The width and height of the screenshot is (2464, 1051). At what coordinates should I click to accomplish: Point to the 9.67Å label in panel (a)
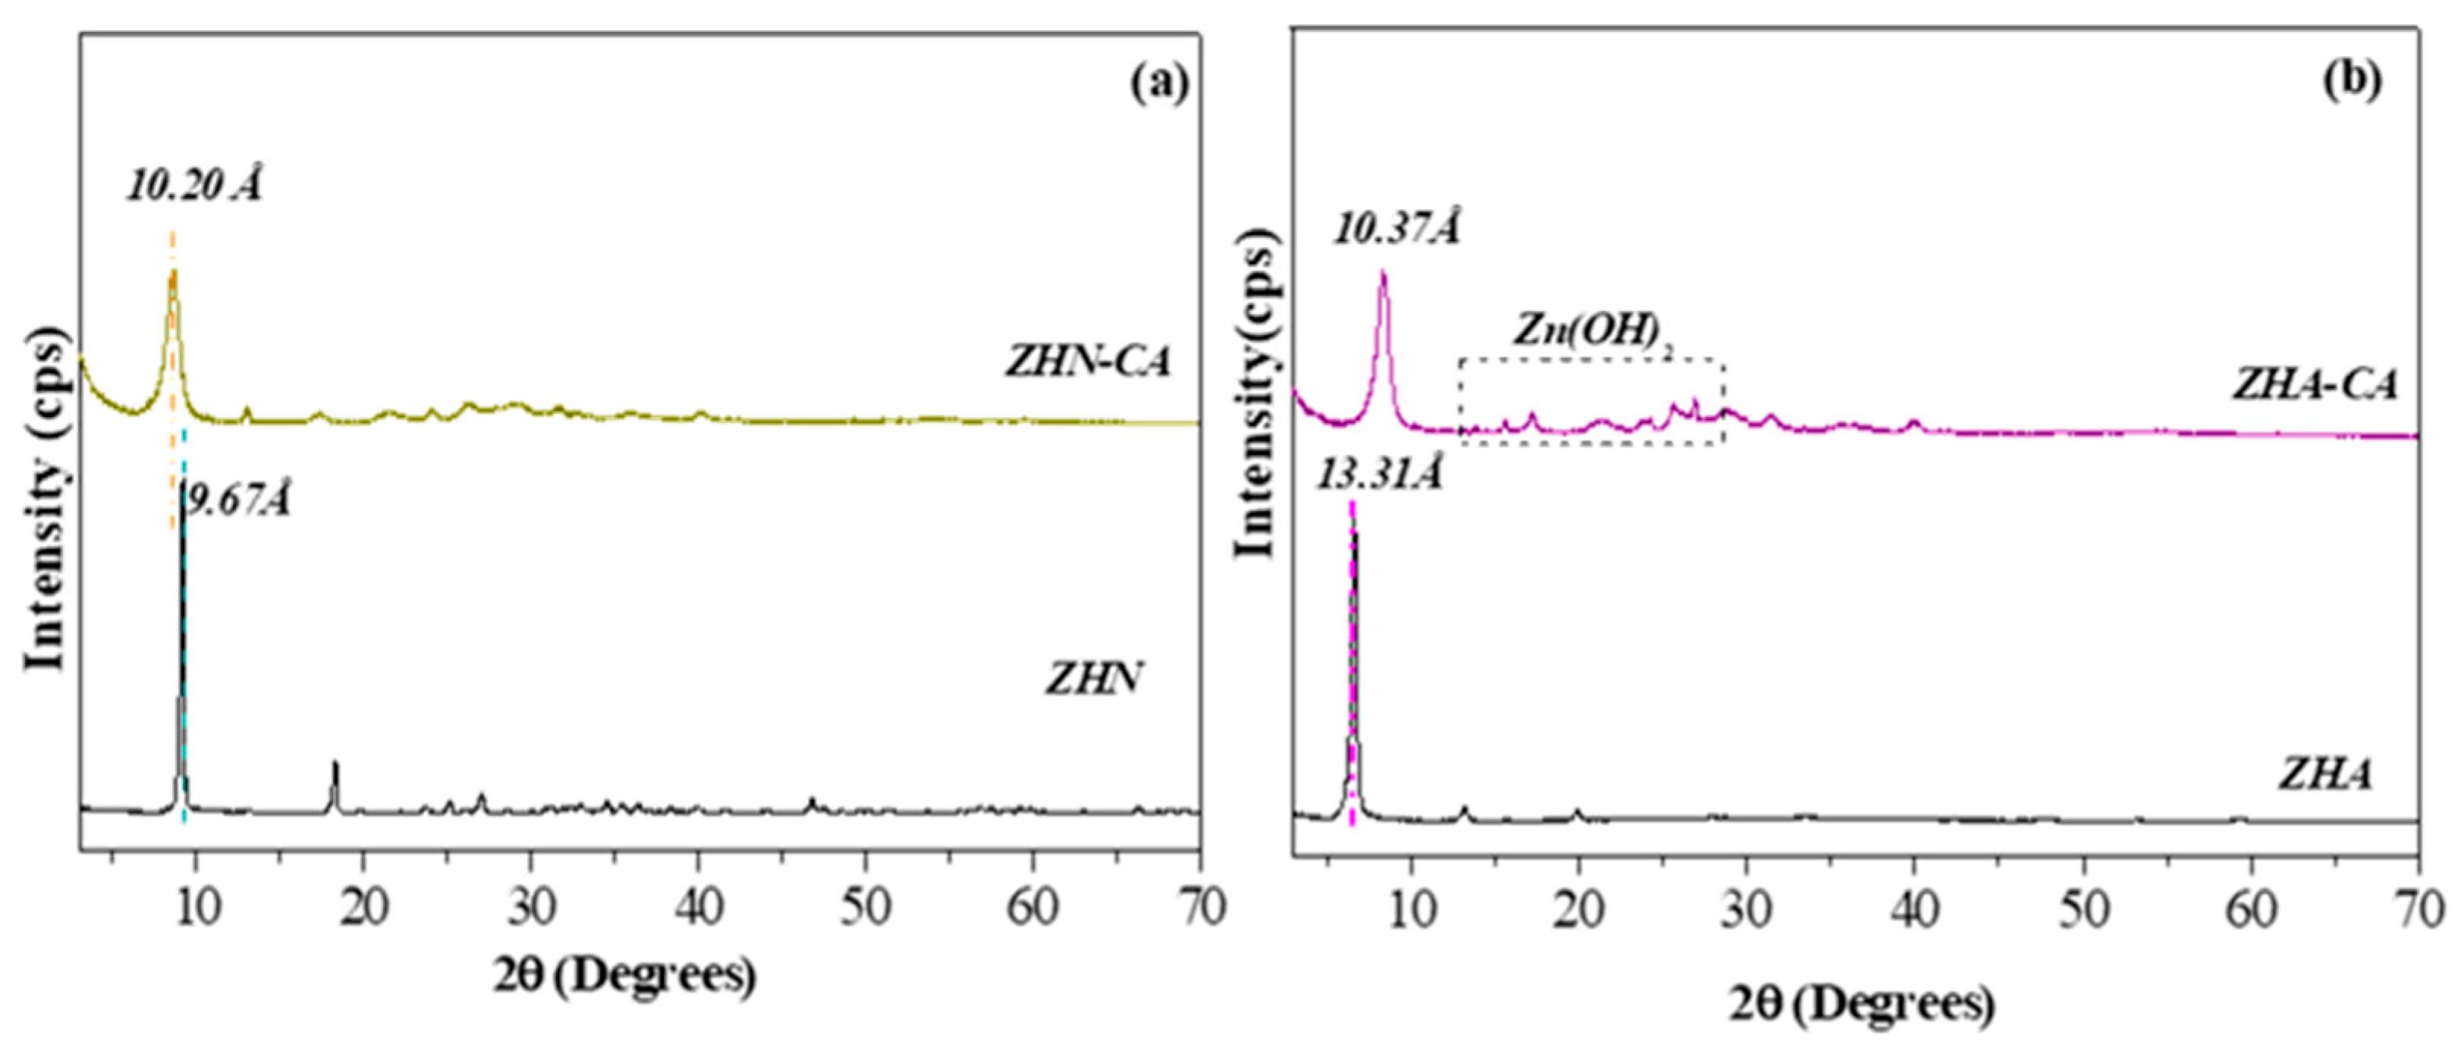pos(237,500)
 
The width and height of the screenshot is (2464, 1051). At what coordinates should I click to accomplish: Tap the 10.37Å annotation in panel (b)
pos(1397,230)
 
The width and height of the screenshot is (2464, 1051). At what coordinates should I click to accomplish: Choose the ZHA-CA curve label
pos(2315,384)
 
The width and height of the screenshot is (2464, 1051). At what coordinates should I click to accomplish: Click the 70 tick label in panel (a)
pos(1199,908)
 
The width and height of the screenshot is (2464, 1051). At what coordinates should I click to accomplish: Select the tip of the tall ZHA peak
pos(1353,532)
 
